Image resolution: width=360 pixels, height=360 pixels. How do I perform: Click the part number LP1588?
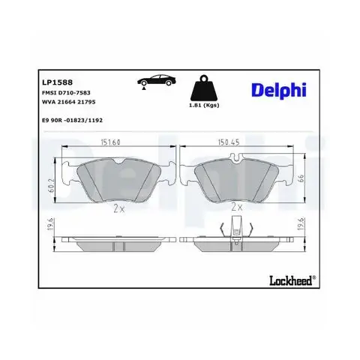[x=57, y=82]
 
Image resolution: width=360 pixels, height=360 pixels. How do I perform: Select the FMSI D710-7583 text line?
[x=66, y=93]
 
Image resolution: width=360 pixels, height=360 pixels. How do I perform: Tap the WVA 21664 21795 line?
[x=69, y=102]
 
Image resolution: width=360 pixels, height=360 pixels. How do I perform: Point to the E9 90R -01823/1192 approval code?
[x=72, y=120]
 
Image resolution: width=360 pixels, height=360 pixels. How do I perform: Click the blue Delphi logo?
[x=279, y=90]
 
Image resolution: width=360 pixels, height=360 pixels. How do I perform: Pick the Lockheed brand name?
[x=291, y=280]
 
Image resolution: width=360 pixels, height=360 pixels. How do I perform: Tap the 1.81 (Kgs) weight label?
[x=204, y=105]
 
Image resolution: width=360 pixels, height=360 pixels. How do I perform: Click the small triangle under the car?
[x=144, y=88]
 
